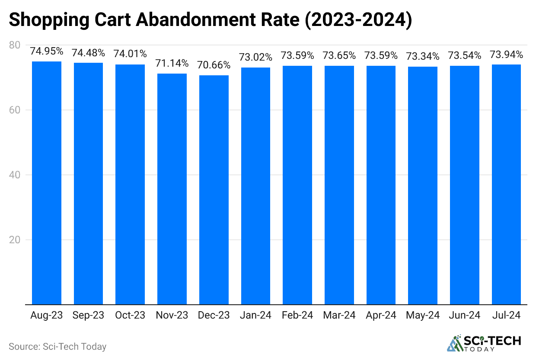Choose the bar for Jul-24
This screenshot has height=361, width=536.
tap(506, 184)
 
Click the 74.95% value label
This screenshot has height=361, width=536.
tap(47, 51)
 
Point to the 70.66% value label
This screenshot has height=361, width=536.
tap(214, 65)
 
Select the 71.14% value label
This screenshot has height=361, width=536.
tap(172, 64)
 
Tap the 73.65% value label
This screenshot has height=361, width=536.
tap(339, 55)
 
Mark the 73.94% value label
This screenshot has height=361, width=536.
tap(506, 55)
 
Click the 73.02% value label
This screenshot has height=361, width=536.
tap(256, 57)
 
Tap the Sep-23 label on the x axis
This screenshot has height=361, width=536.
tap(88, 316)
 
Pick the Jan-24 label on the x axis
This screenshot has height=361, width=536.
tap(256, 316)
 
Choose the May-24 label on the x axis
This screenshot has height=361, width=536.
tap(423, 316)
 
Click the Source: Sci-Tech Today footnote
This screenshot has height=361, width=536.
tap(57, 346)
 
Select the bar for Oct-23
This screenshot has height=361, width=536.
tap(130, 184)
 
